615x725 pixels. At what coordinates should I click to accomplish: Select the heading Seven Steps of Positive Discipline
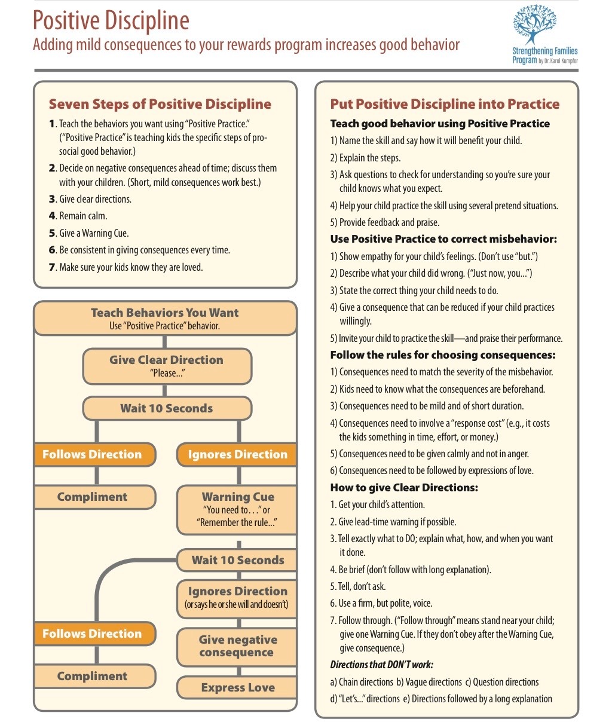click(x=160, y=104)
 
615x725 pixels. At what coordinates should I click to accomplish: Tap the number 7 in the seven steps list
click(x=53, y=267)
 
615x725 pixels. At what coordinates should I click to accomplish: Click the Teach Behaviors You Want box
click(x=165, y=319)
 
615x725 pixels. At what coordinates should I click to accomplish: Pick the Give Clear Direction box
click(x=166, y=366)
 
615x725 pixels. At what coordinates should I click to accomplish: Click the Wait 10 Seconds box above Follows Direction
click(x=166, y=409)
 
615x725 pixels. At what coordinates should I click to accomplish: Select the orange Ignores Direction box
click(x=237, y=454)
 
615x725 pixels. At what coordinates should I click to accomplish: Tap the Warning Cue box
click(x=237, y=509)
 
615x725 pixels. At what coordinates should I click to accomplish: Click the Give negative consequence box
click(x=237, y=646)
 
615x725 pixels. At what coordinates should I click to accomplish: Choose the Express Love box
click(x=237, y=687)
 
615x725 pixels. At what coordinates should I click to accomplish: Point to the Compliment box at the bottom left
click(x=93, y=676)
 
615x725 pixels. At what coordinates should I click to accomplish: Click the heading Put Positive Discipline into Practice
click(x=445, y=104)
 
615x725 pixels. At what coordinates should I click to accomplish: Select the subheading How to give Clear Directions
click(x=404, y=488)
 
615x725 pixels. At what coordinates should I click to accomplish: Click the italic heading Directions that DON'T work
click(x=382, y=665)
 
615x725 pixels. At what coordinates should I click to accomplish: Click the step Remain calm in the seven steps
click(x=83, y=216)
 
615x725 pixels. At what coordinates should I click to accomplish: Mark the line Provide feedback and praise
click(x=389, y=222)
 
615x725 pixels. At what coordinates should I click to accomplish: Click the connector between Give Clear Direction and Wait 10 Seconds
click(x=166, y=391)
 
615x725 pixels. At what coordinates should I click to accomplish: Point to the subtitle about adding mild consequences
click(x=246, y=45)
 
